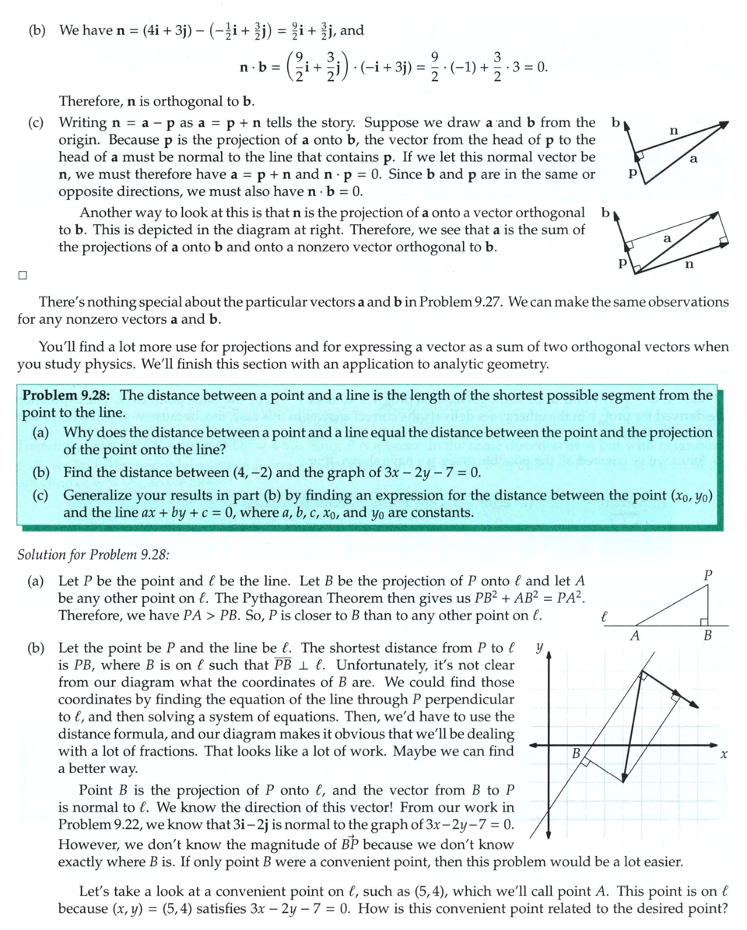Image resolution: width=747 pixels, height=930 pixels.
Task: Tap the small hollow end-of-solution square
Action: point(23,275)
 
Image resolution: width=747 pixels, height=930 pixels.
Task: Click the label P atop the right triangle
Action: point(707,575)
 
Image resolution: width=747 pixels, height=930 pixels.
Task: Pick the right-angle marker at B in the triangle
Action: point(703,620)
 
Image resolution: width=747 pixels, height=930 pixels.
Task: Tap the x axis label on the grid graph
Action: point(724,754)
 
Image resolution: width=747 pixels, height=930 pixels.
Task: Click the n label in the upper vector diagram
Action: point(674,133)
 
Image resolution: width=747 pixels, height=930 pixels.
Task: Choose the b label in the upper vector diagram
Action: point(615,122)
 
